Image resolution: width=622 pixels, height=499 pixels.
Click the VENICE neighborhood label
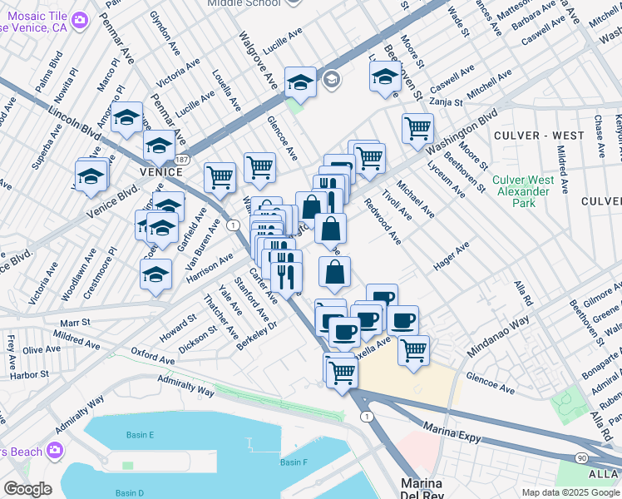click(x=160, y=171)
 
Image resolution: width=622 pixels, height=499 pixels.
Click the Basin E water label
click(x=141, y=435)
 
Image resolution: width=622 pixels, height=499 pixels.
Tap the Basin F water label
click(x=294, y=462)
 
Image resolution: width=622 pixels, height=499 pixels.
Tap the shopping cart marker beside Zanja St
click(x=417, y=127)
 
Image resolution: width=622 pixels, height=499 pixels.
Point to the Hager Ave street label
click(x=451, y=256)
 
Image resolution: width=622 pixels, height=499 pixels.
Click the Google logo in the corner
click(x=27, y=489)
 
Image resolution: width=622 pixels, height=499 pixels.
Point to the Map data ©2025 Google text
click(x=570, y=492)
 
